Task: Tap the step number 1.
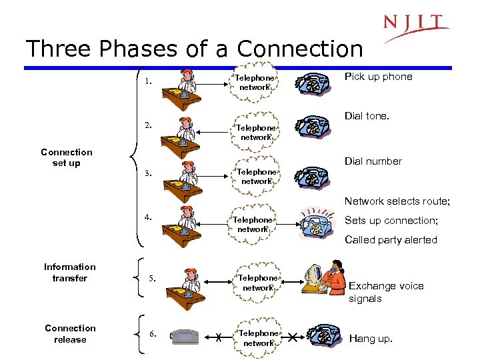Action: pyautogui.click(x=149, y=82)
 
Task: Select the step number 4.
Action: pyautogui.click(x=149, y=216)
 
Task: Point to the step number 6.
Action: pyautogui.click(x=152, y=333)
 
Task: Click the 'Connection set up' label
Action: pyautogui.click(x=66, y=157)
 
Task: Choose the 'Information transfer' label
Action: pyautogui.click(x=70, y=272)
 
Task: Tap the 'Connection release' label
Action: pyautogui.click(x=70, y=333)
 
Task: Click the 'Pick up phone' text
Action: pyautogui.click(x=378, y=77)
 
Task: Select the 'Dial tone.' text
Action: pyautogui.click(x=367, y=116)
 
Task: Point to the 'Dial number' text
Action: pyautogui.click(x=373, y=161)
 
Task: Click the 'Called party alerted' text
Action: pyautogui.click(x=391, y=240)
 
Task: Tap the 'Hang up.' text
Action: pyautogui.click(x=371, y=339)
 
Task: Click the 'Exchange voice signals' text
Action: pyautogui.click(x=385, y=292)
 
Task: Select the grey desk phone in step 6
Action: pyautogui.click(x=185, y=336)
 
